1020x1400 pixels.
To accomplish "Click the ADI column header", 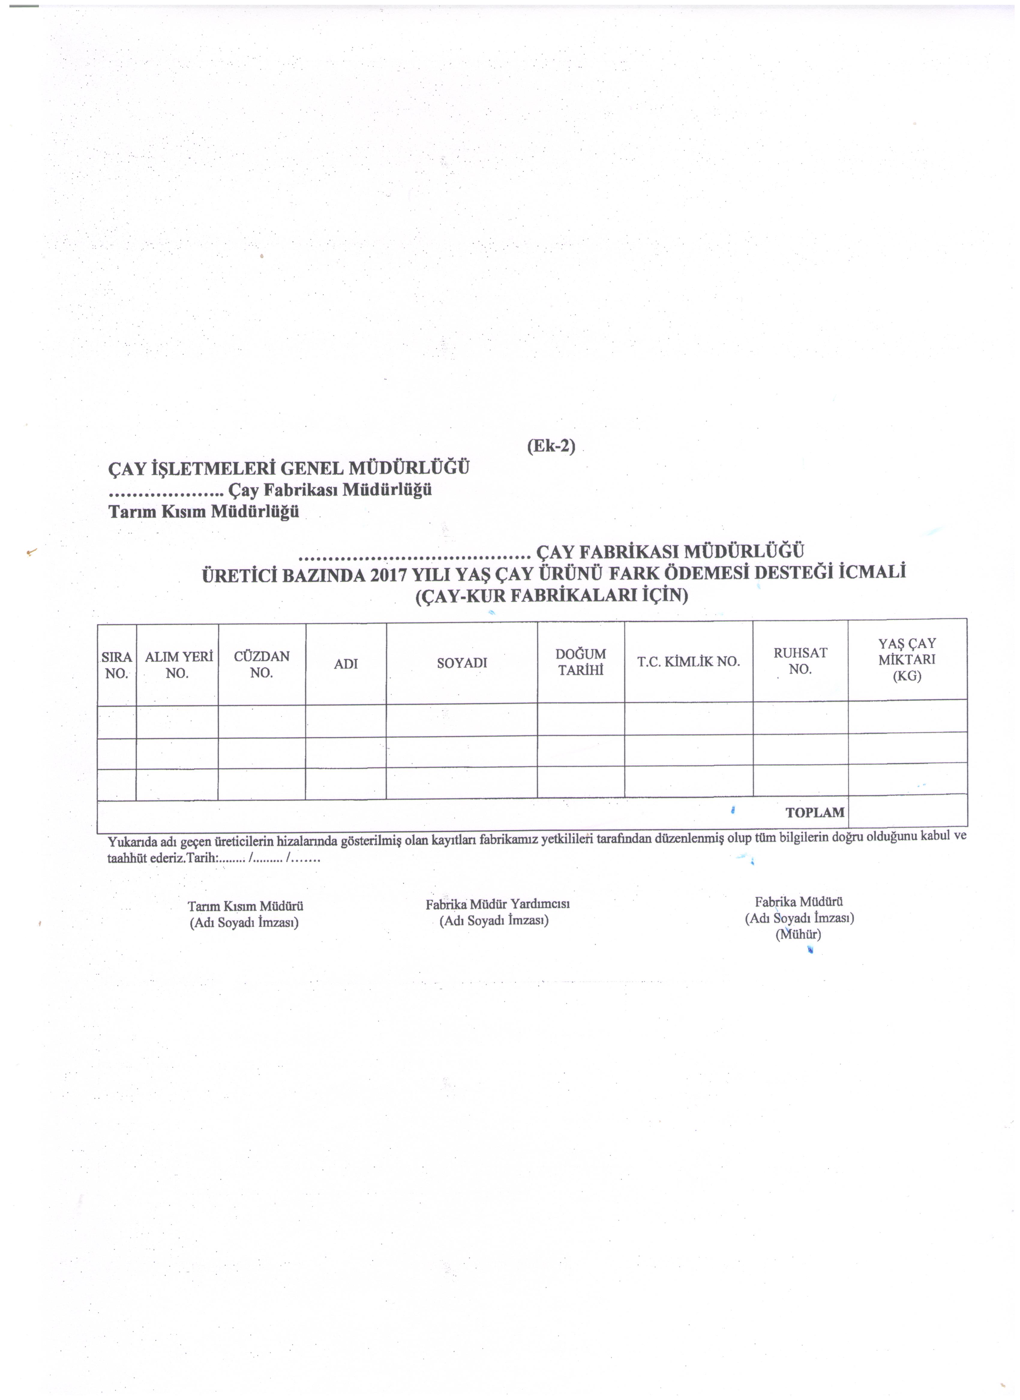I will (346, 664).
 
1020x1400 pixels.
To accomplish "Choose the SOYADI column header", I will (462, 663).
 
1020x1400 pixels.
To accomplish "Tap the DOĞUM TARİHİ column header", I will (580, 662).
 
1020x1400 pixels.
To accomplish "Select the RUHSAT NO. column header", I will (800, 660).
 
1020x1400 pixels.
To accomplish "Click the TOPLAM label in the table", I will (814, 812).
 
